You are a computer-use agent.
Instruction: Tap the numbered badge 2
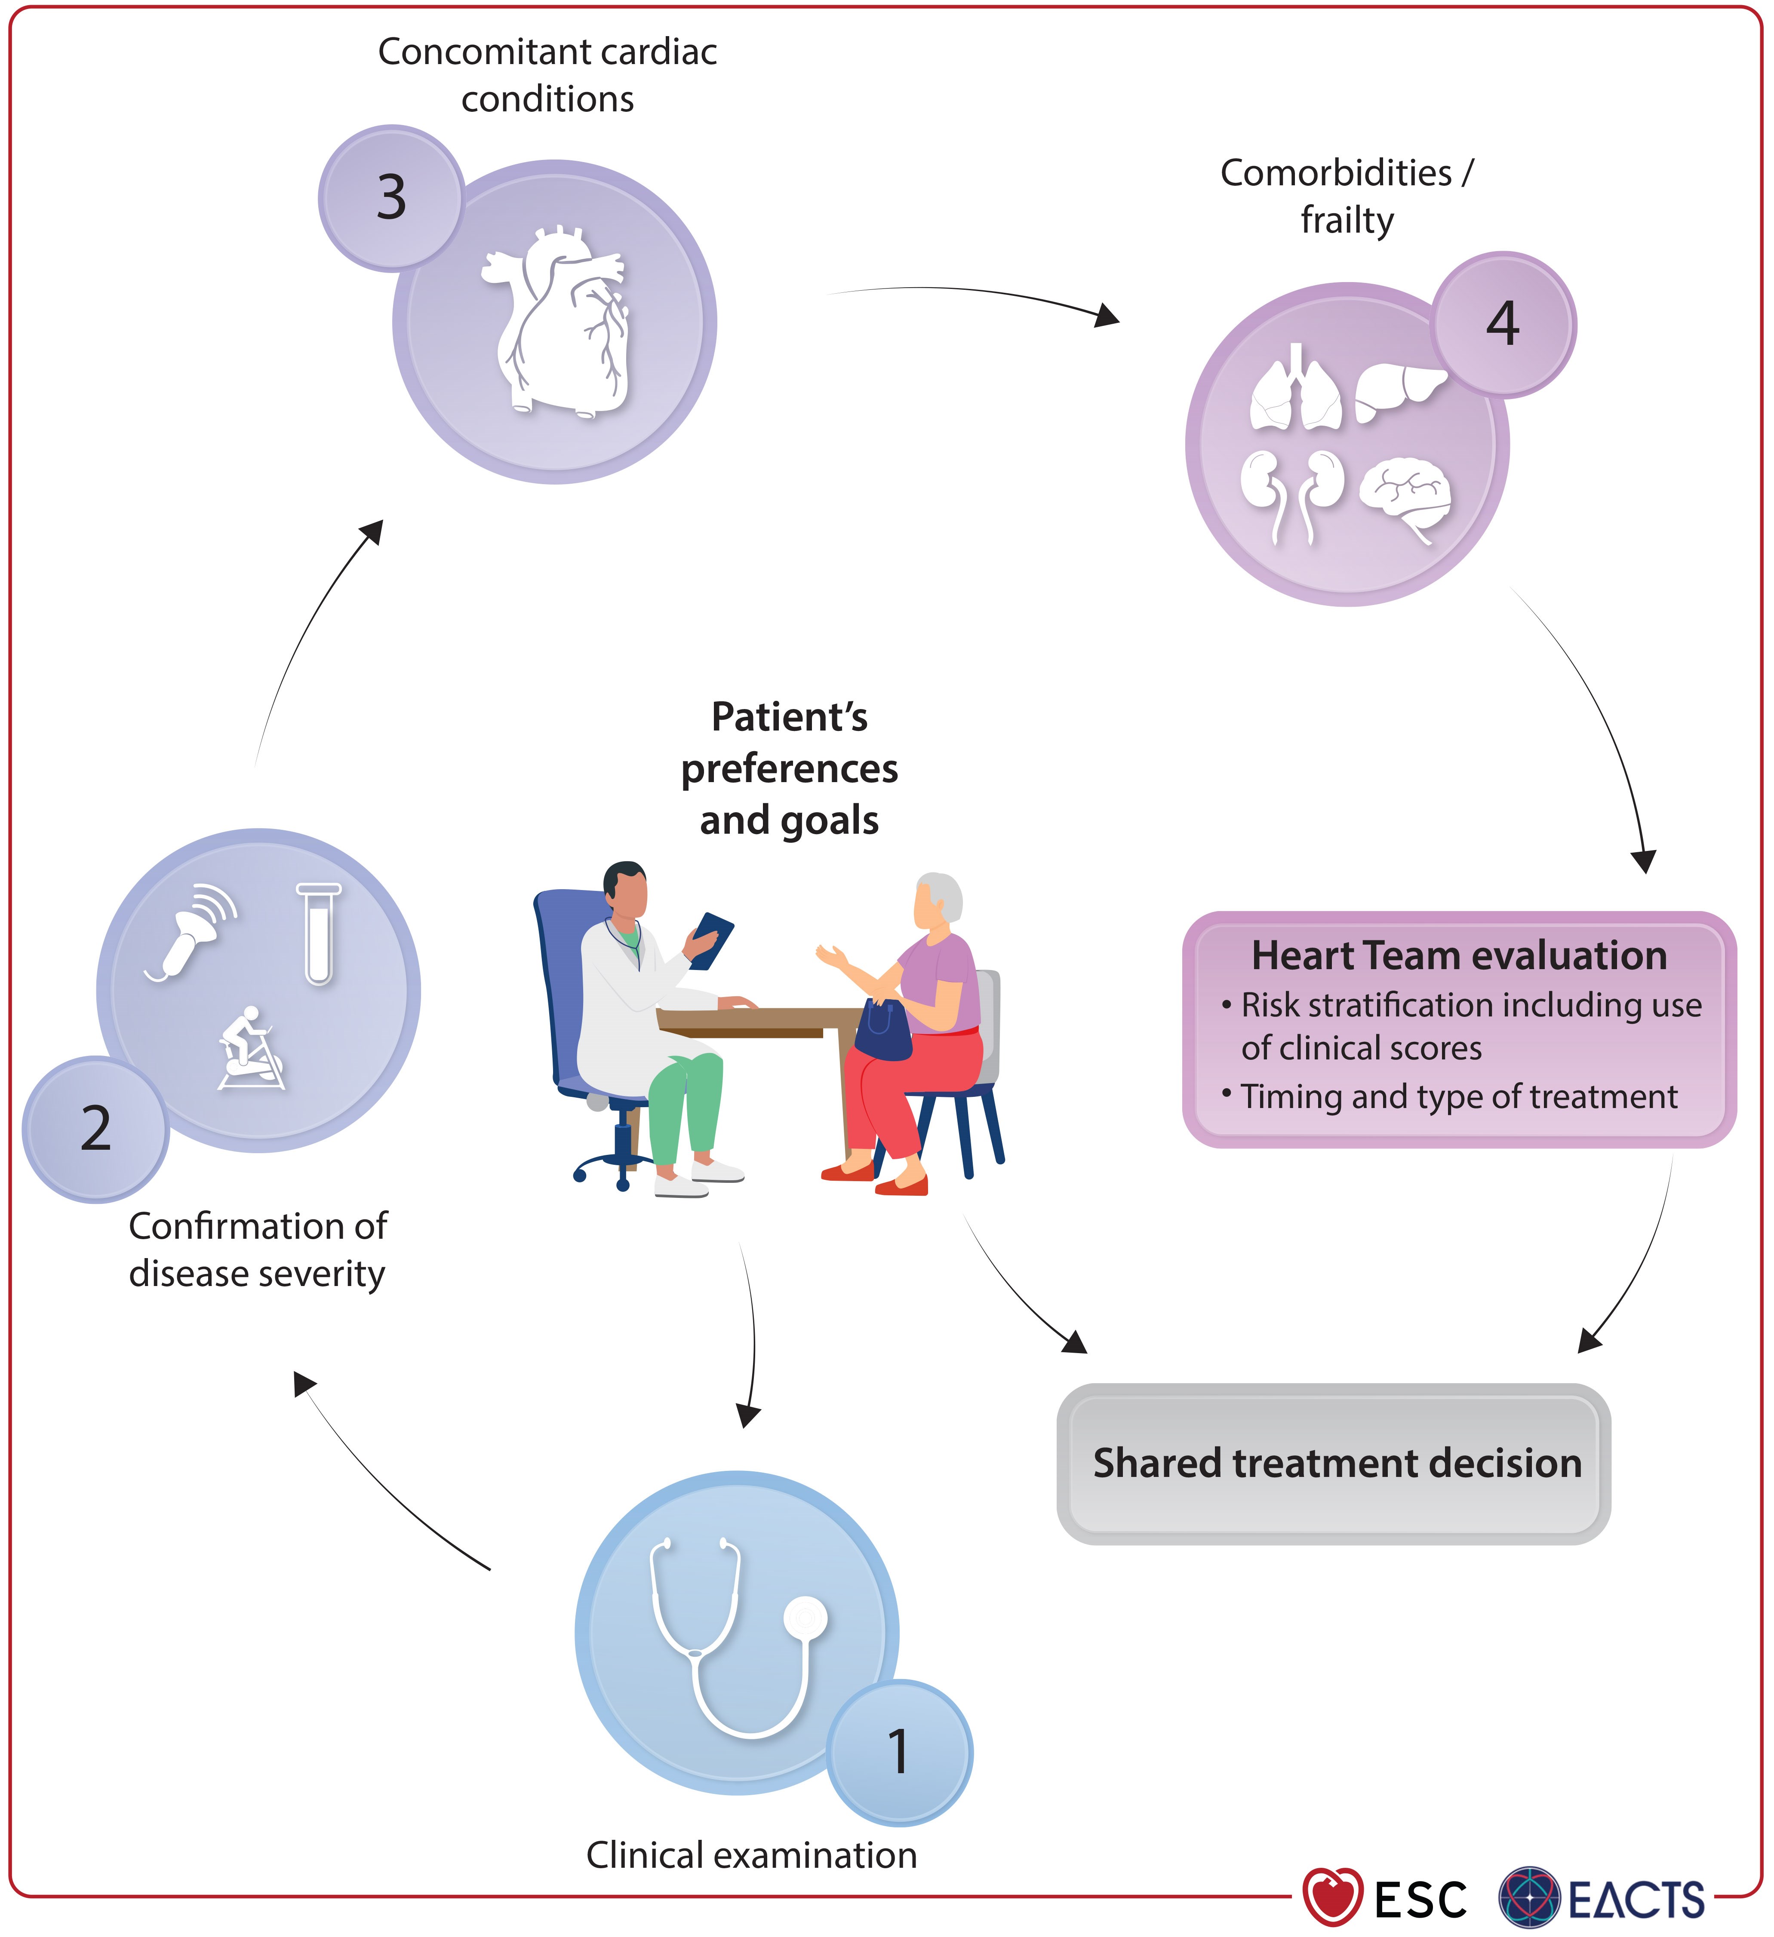point(95,1129)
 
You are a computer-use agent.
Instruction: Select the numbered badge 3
point(391,198)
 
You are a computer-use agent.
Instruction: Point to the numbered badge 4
point(1503,325)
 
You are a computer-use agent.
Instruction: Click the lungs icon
point(1295,389)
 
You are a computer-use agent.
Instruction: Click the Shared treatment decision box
point(1334,1463)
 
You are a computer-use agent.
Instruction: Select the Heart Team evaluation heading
point(1459,955)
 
